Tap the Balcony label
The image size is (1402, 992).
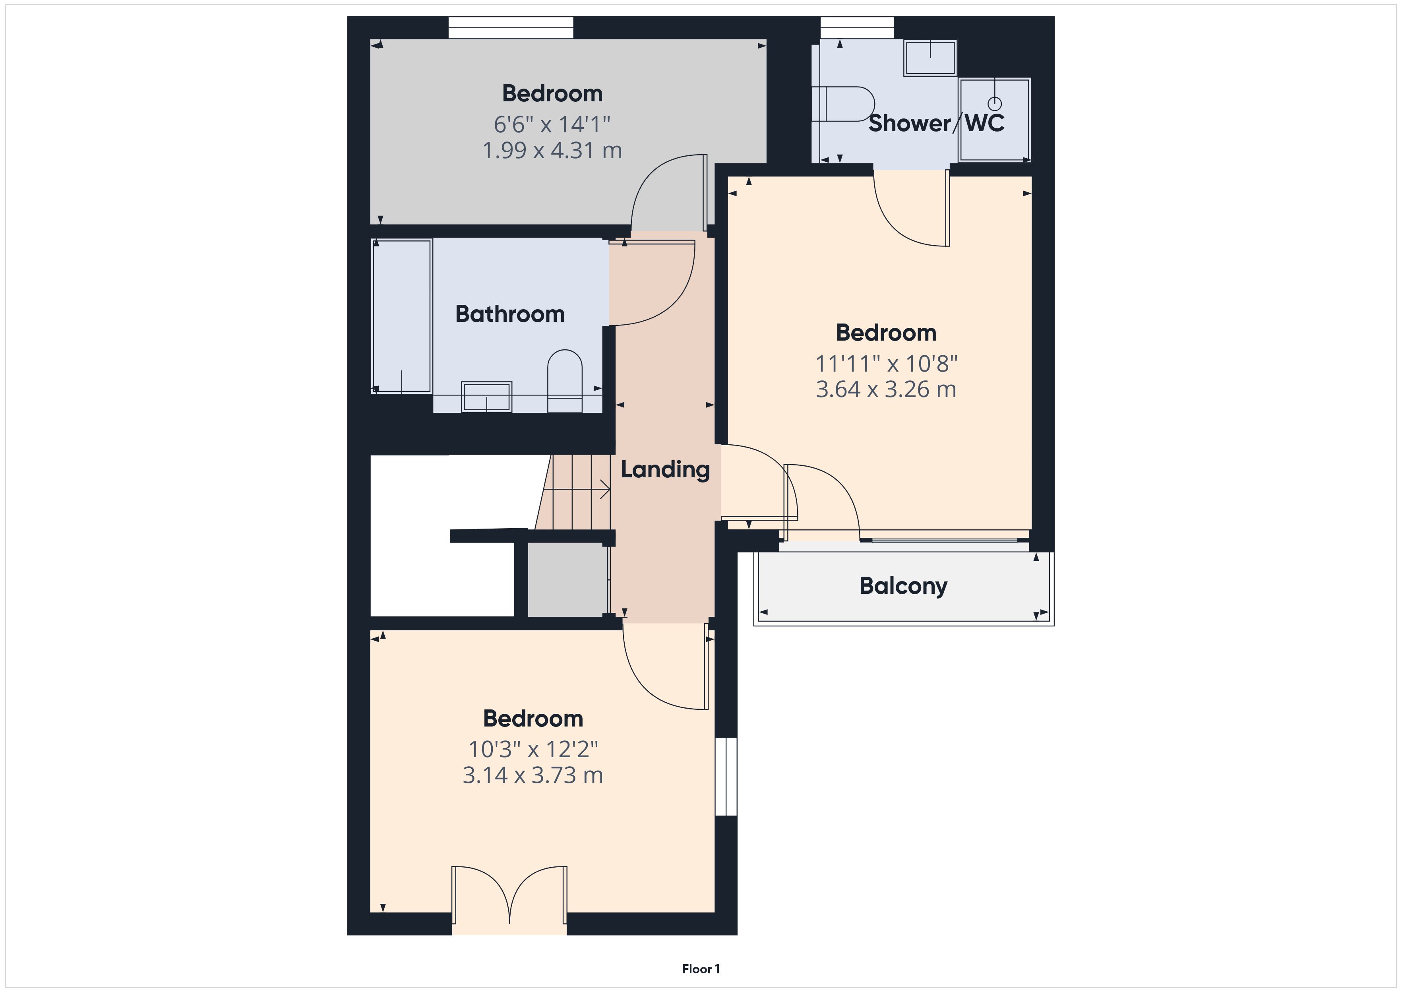(903, 586)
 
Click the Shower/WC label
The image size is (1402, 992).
(936, 123)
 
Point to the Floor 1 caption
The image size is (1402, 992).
(701, 969)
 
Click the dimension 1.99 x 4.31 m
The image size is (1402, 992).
(552, 150)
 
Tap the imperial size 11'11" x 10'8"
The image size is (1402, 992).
(886, 364)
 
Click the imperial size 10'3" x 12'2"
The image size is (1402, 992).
(533, 749)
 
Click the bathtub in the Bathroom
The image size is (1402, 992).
(402, 316)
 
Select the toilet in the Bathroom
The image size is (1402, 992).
(565, 381)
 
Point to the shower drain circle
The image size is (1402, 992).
(995, 103)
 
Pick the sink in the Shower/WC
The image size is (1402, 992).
(930, 58)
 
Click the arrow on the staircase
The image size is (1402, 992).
(577, 489)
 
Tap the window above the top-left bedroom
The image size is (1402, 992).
(511, 27)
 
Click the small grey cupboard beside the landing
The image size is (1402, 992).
(567, 579)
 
